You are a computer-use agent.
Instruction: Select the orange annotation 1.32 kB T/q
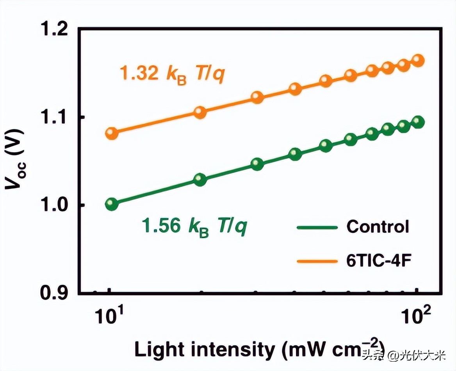[x=172, y=74]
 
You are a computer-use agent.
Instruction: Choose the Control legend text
[x=378, y=227]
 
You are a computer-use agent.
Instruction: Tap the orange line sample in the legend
[x=317, y=260]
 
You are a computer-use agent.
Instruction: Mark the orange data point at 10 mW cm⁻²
[x=112, y=133]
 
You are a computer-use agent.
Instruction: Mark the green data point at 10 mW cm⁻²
[x=112, y=204]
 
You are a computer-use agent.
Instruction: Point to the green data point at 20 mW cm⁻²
[x=200, y=180]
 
